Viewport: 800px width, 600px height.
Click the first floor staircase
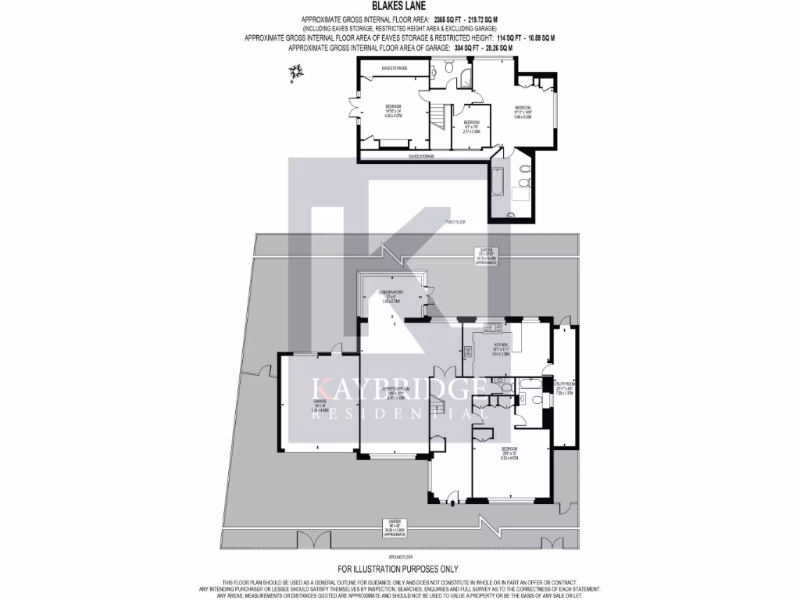pos(440,118)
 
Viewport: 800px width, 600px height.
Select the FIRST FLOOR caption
pos(455,223)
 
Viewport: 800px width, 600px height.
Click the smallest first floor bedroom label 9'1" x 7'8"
pos(471,127)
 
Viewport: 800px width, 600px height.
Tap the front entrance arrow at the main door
pos(453,504)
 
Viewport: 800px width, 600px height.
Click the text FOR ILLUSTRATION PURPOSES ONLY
pos(398,569)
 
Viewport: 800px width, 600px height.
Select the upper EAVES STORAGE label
pos(395,69)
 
